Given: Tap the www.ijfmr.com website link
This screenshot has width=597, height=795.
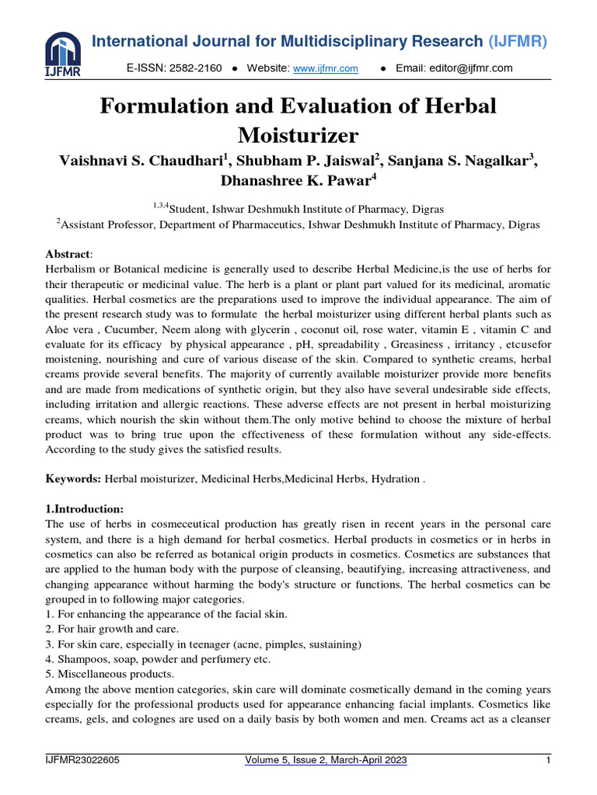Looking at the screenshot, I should tap(325, 68).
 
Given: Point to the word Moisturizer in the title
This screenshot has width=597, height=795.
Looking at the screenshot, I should tap(298, 136).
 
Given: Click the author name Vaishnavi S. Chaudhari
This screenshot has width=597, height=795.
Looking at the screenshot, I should tap(141, 161).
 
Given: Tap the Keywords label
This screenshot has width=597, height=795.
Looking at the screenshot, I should tap(73, 480).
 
